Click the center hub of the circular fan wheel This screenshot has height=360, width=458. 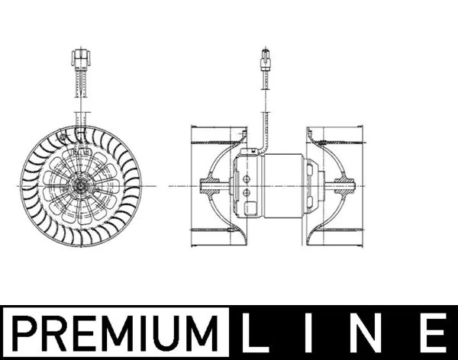click(x=79, y=185)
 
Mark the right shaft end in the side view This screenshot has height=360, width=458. click(x=347, y=185)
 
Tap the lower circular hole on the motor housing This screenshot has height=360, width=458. click(x=247, y=193)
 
